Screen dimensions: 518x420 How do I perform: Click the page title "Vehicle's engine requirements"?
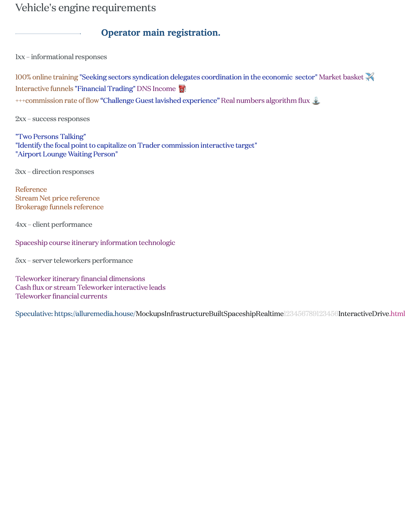(x=85, y=8)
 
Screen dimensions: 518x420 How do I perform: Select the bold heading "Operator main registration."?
(x=161, y=33)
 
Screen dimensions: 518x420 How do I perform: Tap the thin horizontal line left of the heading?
(x=48, y=34)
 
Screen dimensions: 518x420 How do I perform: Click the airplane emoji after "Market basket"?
(x=370, y=77)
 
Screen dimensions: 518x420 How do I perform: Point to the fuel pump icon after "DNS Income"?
(x=182, y=89)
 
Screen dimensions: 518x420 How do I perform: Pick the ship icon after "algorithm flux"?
(x=316, y=101)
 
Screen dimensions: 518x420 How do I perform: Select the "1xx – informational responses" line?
(x=61, y=57)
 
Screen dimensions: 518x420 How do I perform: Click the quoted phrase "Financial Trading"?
(x=105, y=89)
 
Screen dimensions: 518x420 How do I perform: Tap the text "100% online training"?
(x=47, y=77)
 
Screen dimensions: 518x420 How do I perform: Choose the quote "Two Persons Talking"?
(x=50, y=136)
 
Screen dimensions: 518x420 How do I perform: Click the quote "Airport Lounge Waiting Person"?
(x=66, y=154)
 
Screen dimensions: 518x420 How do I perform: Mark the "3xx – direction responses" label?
(x=55, y=171)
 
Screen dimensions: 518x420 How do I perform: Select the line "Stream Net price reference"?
(x=57, y=198)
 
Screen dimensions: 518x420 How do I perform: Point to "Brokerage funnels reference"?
(x=59, y=207)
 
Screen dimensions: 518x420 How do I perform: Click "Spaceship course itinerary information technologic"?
(x=95, y=243)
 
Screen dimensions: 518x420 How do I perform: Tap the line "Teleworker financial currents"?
(x=61, y=296)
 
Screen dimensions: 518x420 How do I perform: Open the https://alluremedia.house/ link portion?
(x=95, y=314)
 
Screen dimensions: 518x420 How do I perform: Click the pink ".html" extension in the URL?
(x=398, y=314)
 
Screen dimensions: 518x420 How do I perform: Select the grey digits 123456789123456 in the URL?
(x=311, y=314)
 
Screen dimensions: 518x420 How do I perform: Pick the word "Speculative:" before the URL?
(x=34, y=314)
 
